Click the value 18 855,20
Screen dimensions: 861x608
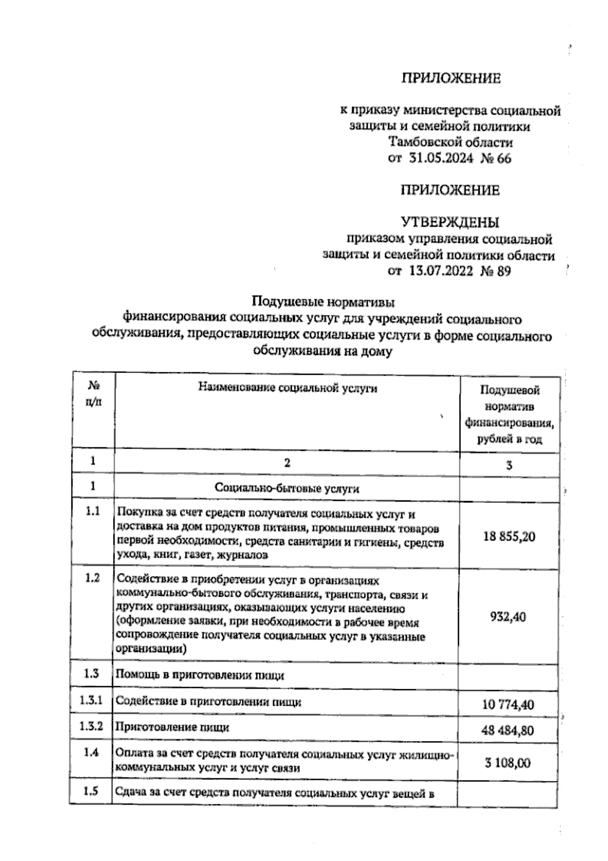tap(509, 537)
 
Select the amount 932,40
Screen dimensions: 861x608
tap(508, 617)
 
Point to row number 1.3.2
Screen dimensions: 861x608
tap(91, 727)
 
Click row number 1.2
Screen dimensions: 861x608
tap(92, 579)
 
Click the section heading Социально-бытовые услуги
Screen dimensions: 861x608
tap(287, 488)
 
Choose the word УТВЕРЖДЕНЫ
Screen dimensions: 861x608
tap(450, 222)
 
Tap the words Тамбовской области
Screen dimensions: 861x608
tap(450, 142)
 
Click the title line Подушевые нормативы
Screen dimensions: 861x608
tap(323, 303)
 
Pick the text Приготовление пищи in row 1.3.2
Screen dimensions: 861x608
tap(173, 727)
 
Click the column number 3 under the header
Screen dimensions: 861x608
tap(509, 464)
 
